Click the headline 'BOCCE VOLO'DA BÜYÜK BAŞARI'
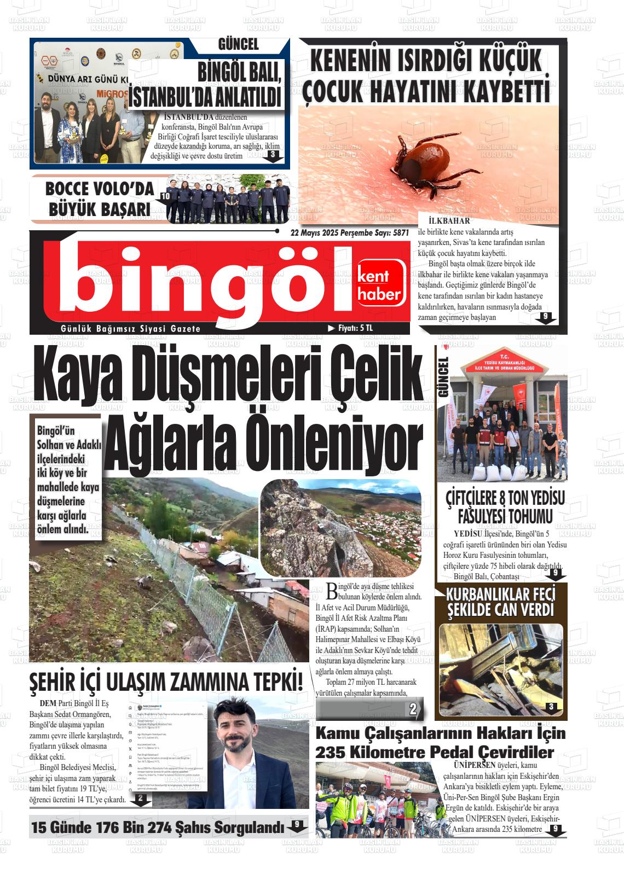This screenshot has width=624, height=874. click(x=99, y=199)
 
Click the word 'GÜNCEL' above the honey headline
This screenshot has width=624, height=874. click(x=238, y=44)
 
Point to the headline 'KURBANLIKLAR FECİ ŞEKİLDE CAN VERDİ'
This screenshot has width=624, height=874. click(x=501, y=602)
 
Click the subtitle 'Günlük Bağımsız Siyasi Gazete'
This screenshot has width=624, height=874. click(x=131, y=329)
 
